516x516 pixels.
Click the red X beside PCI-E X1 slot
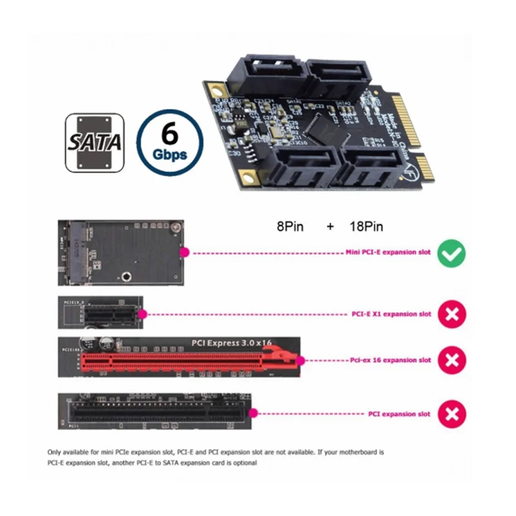click(x=452, y=314)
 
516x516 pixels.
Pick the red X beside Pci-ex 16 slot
click(x=452, y=360)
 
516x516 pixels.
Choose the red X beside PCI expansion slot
click(x=452, y=414)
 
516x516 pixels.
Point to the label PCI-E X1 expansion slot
click(x=392, y=314)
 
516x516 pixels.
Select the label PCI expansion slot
click(x=399, y=414)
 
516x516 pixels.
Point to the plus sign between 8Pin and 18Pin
click(x=330, y=227)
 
